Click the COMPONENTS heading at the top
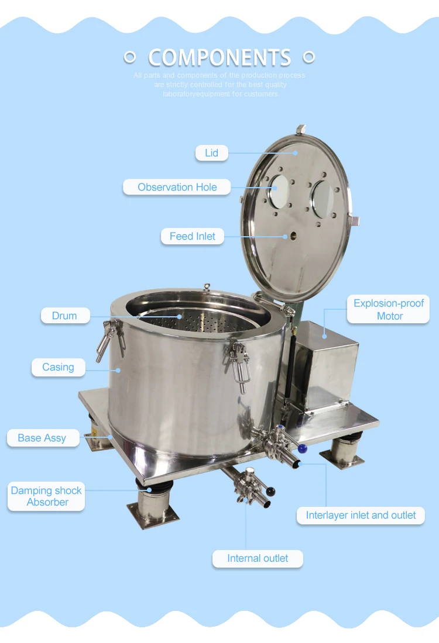[x=220, y=57]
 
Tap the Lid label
[x=211, y=153]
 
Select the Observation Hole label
[x=177, y=187]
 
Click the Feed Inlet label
[x=192, y=236]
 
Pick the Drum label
[x=64, y=316]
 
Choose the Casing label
[x=58, y=367]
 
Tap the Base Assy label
[x=42, y=438]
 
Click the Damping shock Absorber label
[x=47, y=496]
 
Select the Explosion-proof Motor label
[x=389, y=310]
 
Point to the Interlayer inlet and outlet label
[x=361, y=515]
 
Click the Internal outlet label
[x=258, y=558]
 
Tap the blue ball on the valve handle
[x=302, y=449]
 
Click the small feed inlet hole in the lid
[x=286, y=236]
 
